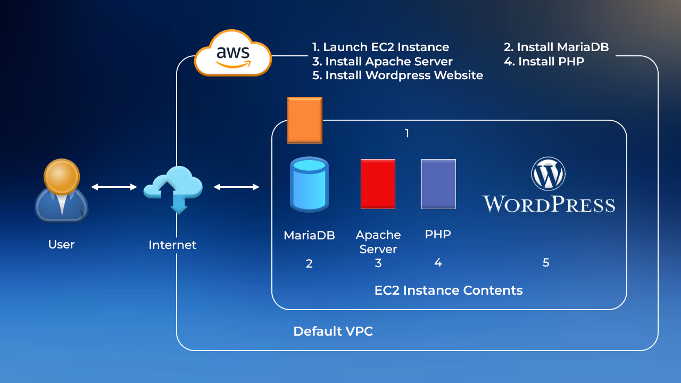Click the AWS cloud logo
pos(233,54)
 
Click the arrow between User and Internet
pos(114,187)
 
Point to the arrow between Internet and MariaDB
pos(236,187)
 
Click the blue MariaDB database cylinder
pos(309,184)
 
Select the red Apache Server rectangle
pos(378,184)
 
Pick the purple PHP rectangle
pos(438,184)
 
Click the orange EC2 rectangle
pos(304,120)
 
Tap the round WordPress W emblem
pos(548,173)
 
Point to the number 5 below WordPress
pos(546,262)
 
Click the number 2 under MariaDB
pos(309,263)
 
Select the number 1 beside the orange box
pos(407,134)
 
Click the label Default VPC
pos(333,331)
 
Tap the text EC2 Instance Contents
pos(449,290)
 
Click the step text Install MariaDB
pos(556,47)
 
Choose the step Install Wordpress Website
pos(397,76)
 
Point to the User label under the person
pos(61,245)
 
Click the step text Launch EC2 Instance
pos(380,47)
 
